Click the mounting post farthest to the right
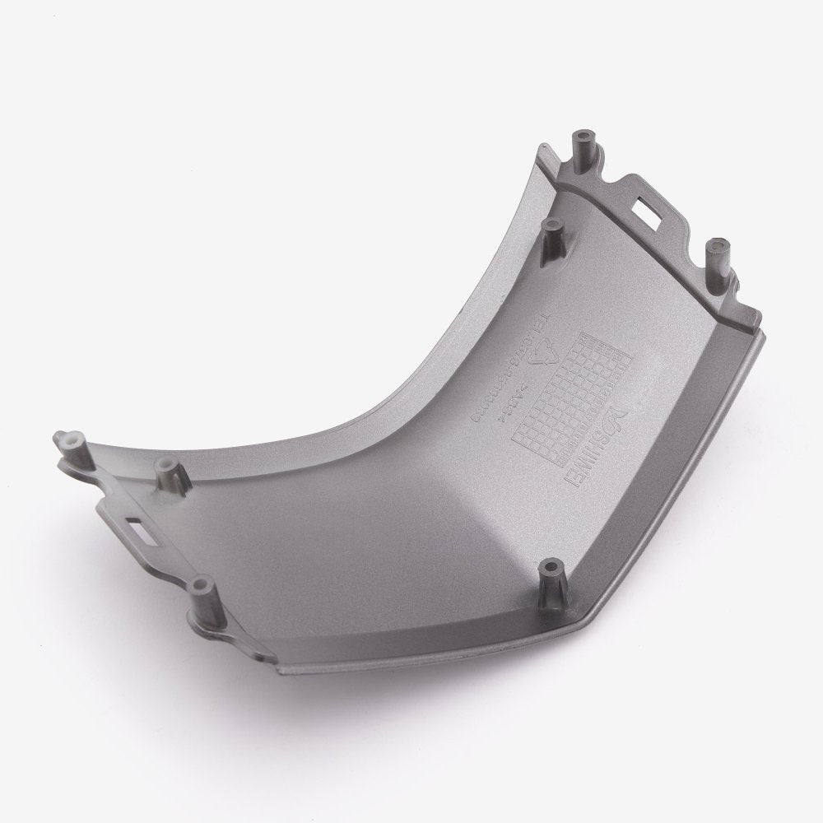tap(718, 250)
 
